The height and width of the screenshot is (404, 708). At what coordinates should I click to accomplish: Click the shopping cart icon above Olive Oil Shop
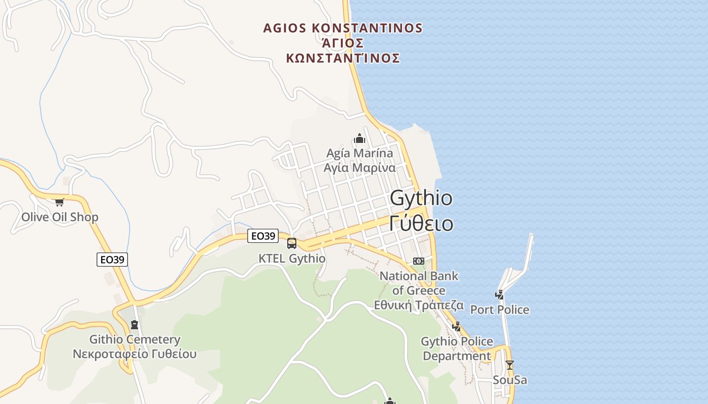tap(60, 202)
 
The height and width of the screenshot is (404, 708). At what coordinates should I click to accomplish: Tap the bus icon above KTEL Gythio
tap(292, 243)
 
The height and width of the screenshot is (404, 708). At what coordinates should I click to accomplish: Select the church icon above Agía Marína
tap(360, 138)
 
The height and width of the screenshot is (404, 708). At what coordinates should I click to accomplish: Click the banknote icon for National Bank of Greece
tap(418, 261)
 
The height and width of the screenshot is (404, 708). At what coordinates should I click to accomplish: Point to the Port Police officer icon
tap(500, 294)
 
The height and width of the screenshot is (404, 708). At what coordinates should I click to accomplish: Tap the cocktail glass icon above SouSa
tap(510, 365)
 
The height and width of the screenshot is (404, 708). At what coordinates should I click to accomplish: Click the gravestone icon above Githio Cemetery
tap(134, 324)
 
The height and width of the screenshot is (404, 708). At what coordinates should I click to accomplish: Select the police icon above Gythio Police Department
tap(457, 326)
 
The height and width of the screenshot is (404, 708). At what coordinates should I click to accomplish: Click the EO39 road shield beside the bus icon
tap(263, 235)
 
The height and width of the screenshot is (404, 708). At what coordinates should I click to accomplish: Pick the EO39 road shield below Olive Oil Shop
tap(112, 260)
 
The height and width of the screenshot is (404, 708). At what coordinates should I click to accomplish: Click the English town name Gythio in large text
tap(421, 198)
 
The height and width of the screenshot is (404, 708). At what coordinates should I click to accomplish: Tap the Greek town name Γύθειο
tap(421, 223)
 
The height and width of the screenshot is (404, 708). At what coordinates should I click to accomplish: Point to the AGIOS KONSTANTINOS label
tap(343, 28)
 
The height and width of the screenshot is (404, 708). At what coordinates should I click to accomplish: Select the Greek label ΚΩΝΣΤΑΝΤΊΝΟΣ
tap(343, 58)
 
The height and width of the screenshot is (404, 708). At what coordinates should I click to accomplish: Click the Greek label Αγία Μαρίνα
tap(360, 167)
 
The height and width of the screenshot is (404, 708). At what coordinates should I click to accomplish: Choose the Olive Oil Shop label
tap(60, 217)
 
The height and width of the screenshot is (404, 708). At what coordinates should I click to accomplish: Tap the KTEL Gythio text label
tap(292, 258)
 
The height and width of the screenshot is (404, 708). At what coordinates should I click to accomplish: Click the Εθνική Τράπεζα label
tap(419, 305)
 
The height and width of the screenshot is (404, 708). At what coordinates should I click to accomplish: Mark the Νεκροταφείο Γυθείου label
tap(135, 353)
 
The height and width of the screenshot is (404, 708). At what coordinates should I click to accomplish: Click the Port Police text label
tap(500, 310)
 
